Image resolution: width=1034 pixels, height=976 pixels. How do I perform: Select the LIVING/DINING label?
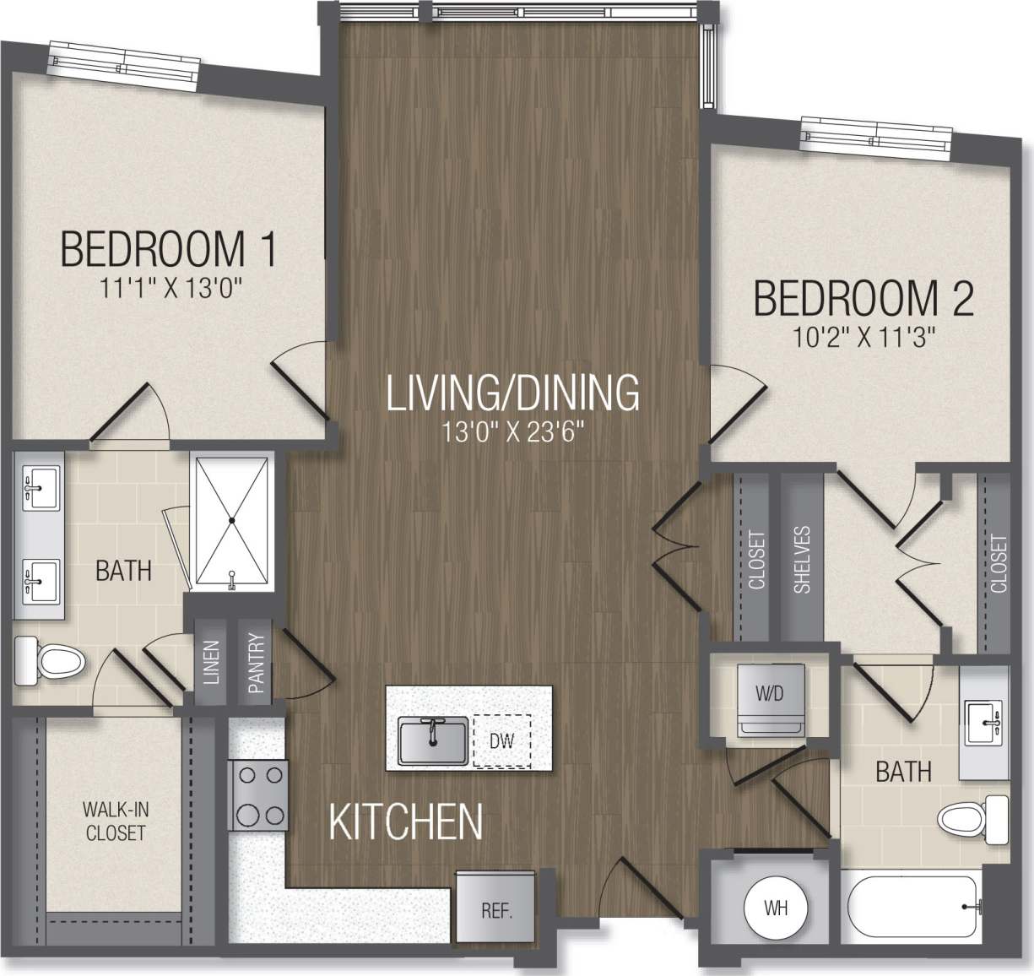[x=512, y=393]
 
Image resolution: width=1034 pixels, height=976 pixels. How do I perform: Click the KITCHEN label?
[x=405, y=821]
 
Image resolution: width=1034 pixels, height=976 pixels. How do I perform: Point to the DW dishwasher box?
[x=501, y=741]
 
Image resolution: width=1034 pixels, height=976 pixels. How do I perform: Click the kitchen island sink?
[x=432, y=740]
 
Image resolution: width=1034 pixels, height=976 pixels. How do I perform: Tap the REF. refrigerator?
[x=496, y=912]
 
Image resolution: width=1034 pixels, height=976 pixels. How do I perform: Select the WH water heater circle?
[x=776, y=908]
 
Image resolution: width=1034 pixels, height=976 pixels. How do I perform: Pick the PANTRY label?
[x=257, y=664]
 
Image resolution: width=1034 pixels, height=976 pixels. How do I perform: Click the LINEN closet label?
[x=211, y=664]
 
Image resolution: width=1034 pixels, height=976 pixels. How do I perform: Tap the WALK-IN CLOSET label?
[x=115, y=821]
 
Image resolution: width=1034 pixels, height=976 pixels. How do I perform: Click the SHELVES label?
[x=802, y=559]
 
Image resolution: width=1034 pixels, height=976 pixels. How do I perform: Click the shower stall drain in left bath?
[x=231, y=520]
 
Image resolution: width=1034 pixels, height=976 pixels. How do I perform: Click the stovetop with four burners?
[x=257, y=794]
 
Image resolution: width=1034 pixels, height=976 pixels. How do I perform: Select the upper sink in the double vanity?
[x=39, y=487]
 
